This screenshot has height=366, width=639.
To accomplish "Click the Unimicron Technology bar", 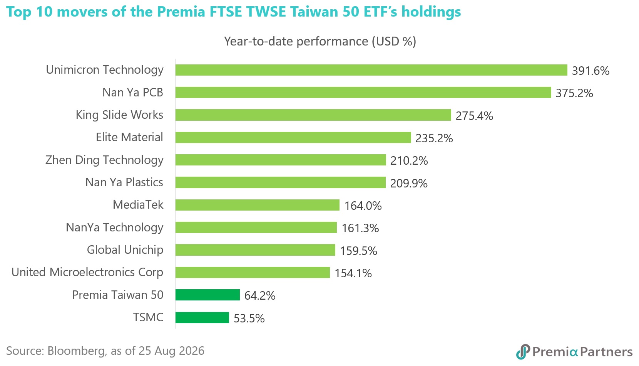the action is tap(371, 70).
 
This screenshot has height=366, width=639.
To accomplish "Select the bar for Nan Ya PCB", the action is tap(363, 93).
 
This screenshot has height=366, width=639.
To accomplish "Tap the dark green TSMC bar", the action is tap(202, 317).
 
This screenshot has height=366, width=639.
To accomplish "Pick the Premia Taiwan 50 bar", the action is tap(207, 295).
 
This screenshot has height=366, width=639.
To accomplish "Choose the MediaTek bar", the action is tap(257, 205).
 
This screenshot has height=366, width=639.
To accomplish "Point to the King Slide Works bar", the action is tap(313, 115).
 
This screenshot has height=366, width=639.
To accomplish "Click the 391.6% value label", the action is tap(590, 71).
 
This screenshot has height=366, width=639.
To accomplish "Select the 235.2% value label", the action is tap(434, 138).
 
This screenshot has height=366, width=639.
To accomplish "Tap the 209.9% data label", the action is tap(408, 183).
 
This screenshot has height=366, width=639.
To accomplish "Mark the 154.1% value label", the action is tap(353, 273).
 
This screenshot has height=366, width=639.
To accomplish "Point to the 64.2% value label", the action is tap(259, 296).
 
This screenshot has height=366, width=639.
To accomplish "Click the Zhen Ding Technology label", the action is tap(104, 160).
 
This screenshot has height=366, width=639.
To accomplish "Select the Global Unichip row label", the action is tap(125, 250).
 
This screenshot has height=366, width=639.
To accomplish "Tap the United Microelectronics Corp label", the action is tap(87, 272).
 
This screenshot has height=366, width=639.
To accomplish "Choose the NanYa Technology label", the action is tap(114, 228).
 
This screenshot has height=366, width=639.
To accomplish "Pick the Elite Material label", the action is tap(129, 137).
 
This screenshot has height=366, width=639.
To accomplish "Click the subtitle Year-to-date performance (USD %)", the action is tap(320, 41).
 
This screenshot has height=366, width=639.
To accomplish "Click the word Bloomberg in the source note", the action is tap(77, 351).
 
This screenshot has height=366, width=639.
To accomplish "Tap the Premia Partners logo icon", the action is tap(523, 352).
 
